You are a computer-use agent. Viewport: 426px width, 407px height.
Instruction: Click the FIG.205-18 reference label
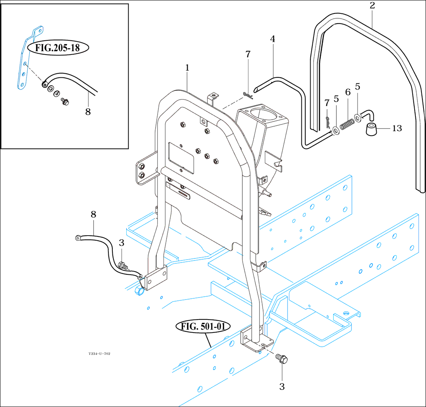(x=58, y=48)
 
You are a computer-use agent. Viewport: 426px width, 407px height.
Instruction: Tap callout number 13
(x=397, y=129)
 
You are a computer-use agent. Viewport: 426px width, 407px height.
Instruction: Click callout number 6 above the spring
(x=348, y=92)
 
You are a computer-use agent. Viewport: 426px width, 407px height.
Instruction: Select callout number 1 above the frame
(x=187, y=68)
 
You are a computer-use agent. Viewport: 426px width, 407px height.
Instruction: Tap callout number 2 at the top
(x=372, y=5)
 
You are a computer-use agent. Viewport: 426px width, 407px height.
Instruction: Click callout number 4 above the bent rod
(x=272, y=39)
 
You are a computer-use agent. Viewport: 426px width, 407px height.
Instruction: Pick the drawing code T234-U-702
(x=99, y=354)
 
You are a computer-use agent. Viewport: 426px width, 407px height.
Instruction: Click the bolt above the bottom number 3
(x=281, y=359)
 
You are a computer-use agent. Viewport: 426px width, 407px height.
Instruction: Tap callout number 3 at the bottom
(x=282, y=387)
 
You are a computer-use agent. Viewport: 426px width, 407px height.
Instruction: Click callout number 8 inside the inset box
(x=88, y=111)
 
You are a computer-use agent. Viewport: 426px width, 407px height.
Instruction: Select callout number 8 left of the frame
(x=93, y=214)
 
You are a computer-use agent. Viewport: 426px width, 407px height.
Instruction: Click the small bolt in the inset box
(x=64, y=101)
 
